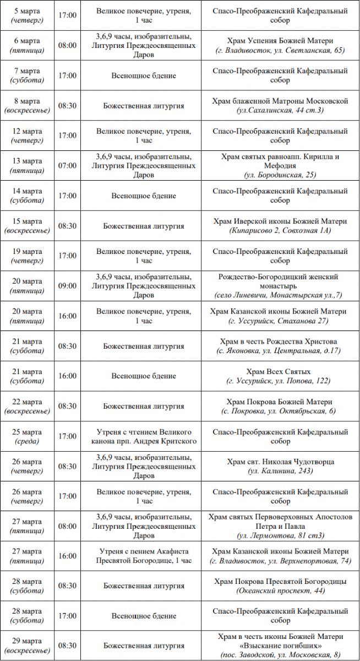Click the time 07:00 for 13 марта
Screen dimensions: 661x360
click(67, 166)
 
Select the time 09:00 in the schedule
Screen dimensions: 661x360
click(67, 286)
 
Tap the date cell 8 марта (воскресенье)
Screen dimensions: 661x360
click(28, 106)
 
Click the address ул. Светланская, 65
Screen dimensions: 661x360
click(280, 51)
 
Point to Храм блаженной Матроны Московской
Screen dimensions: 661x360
click(280, 101)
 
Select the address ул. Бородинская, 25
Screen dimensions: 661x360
click(280, 175)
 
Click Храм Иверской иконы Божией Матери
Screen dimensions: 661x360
click(280, 221)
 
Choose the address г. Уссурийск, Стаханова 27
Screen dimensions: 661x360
click(280, 321)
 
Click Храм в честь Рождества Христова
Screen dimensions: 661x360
click(280, 342)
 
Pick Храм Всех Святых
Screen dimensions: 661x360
click(280, 372)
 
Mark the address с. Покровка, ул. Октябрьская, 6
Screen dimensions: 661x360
click(280, 411)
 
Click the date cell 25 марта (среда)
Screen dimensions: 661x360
click(28, 436)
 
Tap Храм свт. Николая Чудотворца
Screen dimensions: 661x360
click(280, 462)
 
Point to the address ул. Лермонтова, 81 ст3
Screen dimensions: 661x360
click(280, 535)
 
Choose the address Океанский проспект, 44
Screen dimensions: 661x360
click(280, 591)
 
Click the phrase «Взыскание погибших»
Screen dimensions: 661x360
click(280, 645)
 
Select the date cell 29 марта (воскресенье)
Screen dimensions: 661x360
click(28, 646)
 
